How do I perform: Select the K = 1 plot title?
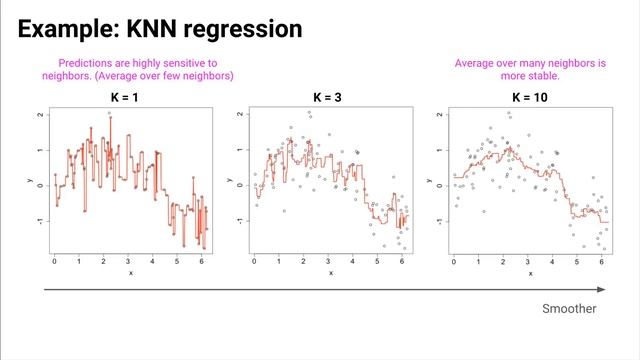130,98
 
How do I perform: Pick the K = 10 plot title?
530,98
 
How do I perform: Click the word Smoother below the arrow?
569,309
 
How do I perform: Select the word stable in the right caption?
558,75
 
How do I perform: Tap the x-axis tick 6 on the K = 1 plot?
202,261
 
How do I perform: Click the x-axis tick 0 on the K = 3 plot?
254,261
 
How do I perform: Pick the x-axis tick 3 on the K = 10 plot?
528,261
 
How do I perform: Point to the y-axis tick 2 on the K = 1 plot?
40,115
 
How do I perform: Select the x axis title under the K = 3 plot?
329,272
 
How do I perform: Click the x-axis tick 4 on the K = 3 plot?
353,261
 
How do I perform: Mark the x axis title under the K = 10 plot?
529,272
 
